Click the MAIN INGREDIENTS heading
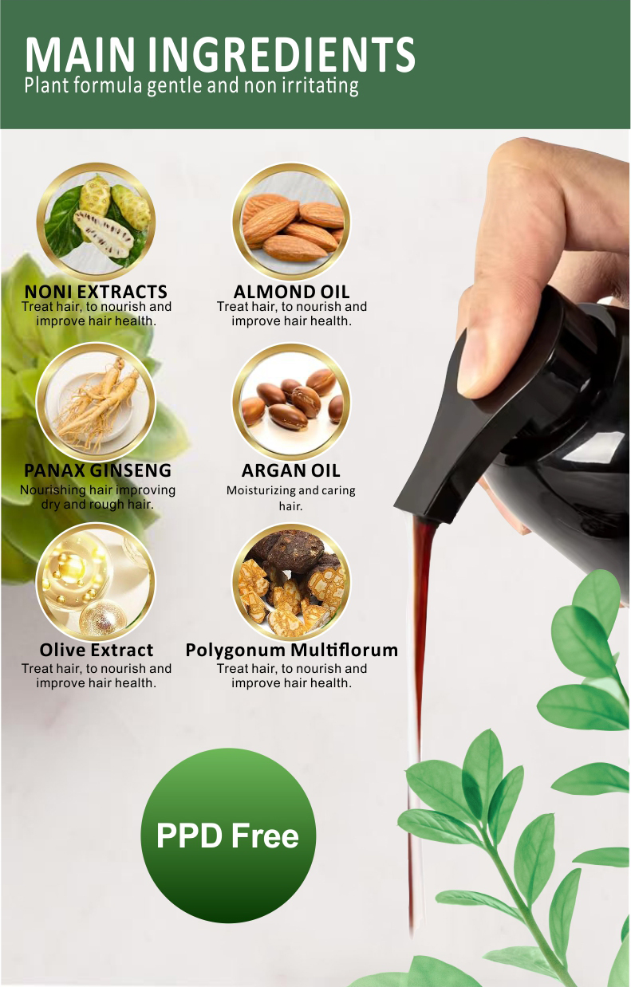click(219, 53)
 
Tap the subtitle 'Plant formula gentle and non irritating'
click(191, 85)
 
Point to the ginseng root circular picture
click(97, 401)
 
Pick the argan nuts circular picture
click(291, 401)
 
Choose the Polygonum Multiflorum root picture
click(291, 582)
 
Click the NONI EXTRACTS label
click(97, 292)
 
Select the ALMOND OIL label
click(291, 292)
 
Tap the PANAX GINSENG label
click(97, 470)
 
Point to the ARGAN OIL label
click(291, 470)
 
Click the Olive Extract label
click(97, 650)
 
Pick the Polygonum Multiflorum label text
click(291, 650)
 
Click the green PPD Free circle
click(228, 836)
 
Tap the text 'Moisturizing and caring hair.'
click(291, 498)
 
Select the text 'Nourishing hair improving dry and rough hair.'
click(97, 497)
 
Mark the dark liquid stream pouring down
click(417, 678)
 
